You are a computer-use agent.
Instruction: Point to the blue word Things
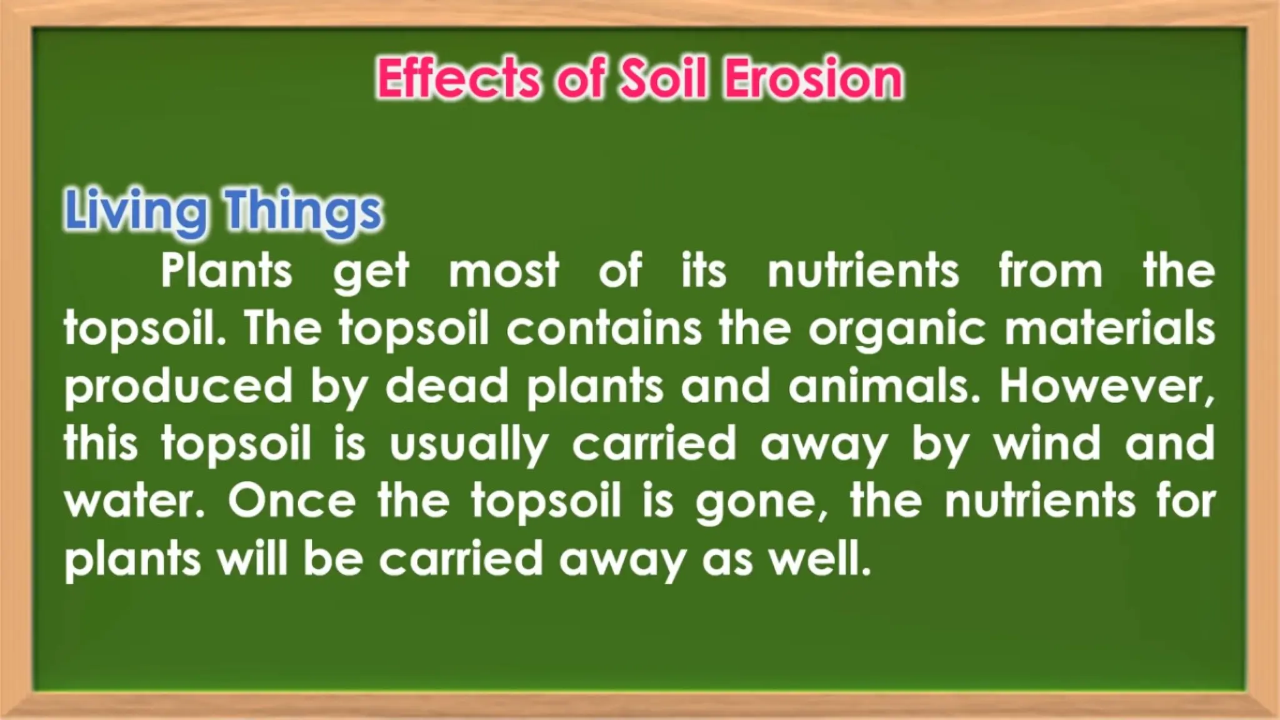click(x=303, y=211)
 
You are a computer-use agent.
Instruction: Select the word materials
click(x=1109, y=328)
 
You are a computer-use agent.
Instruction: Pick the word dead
click(x=446, y=386)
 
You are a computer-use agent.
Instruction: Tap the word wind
click(x=1047, y=443)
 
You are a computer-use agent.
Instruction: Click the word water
click(x=134, y=502)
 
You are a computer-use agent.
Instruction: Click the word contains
click(x=604, y=328)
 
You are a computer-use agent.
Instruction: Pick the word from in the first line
click(x=1050, y=271)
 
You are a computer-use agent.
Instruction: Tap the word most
click(x=504, y=271)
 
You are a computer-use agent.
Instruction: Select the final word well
click(x=819, y=558)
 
